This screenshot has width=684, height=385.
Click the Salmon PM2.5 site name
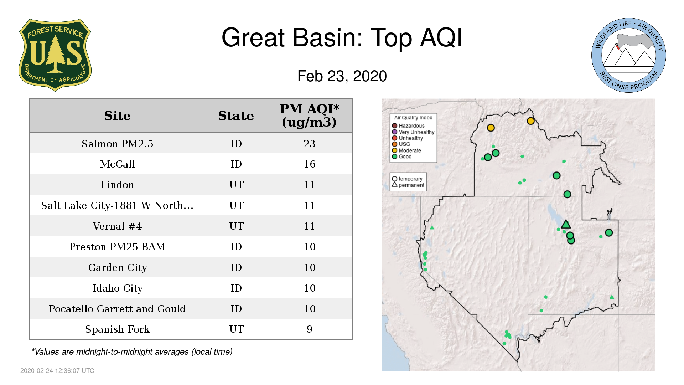tap(117, 144)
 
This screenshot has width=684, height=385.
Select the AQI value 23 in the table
tap(309, 144)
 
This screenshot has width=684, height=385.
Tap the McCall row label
tap(117, 164)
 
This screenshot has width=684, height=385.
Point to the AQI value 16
tap(309, 164)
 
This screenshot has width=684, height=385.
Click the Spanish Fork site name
tap(117, 329)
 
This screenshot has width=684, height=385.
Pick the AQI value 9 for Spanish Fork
tap(309, 329)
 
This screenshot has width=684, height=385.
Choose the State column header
tap(236, 116)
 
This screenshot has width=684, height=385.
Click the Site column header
tap(117, 116)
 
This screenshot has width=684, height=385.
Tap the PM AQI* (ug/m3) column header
tap(309, 115)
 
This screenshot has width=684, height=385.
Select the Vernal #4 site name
tap(117, 226)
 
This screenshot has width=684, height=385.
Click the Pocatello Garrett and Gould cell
tap(117, 309)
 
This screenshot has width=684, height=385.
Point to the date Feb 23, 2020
tap(342, 76)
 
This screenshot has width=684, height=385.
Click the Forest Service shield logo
tap(55, 55)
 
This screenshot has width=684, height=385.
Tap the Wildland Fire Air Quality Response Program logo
tap(629, 55)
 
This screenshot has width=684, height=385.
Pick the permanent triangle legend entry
tap(408, 185)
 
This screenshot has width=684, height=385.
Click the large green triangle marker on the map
tap(566, 224)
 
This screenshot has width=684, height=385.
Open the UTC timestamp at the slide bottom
tap(57, 371)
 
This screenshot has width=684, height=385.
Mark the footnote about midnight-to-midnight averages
tap(132, 352)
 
